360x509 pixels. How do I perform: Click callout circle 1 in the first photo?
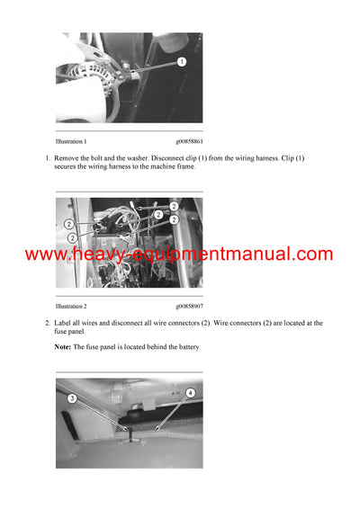[182, 62]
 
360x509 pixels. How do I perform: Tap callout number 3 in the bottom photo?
[72, 397]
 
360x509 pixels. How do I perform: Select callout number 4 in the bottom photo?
[189, 393]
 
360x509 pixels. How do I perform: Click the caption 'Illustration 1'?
[71, 142]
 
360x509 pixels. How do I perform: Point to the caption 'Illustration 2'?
[71, 307]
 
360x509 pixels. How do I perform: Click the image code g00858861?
[189, 142]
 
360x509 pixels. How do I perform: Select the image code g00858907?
[189, 307]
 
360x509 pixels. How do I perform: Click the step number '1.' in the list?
[48, 158]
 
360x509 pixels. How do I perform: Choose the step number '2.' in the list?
[48, 323]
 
